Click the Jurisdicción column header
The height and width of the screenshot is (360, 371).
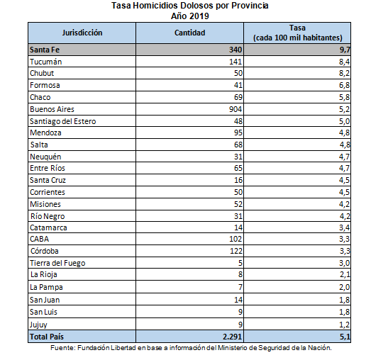pos(82,33)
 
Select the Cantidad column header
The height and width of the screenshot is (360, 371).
pos(190,33)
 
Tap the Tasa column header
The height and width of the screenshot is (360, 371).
pos(297,33)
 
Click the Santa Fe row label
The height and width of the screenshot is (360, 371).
pos(45,50)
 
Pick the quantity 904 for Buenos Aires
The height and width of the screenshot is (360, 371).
pos(236,109)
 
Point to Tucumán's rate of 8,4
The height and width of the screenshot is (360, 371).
pos(344,62)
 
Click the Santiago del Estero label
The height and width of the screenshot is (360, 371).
pos(62,121)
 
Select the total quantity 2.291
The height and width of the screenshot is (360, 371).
pos(232,337)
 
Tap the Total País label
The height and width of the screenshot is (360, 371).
pos(47,337)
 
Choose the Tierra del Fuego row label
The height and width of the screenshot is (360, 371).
pos(57,263)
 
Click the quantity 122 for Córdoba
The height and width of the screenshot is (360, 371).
pos(236,251)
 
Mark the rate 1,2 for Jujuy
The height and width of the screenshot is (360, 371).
pos(344,325)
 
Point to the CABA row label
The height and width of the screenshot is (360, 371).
pos(39,239)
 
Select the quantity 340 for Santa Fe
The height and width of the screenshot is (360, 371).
pos(236,50)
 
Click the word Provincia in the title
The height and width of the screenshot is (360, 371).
pos(250,6)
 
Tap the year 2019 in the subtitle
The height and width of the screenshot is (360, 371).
pos(199,16)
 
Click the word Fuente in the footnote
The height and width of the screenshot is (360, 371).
pos(62,348)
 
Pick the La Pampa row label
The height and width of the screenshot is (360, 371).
pos(46,287)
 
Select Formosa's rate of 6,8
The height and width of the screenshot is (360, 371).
pos(344,85)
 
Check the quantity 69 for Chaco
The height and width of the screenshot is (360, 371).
pos(238,97)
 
